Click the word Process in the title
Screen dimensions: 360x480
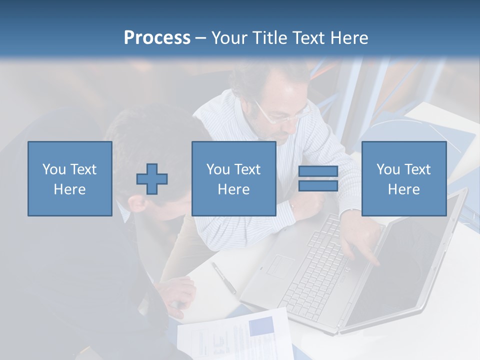pos(157,38)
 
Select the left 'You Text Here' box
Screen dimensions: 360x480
pos(70,179)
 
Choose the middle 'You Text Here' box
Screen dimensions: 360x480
pos(233,179)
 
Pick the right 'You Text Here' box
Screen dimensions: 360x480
pos(403,179)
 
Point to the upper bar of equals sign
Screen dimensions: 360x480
pos(318,171)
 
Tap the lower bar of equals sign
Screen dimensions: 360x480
pos(318,185)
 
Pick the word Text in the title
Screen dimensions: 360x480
pos(307,38)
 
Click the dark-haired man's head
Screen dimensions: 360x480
pos(150,150)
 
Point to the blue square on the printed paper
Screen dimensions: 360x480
pos(261,326)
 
